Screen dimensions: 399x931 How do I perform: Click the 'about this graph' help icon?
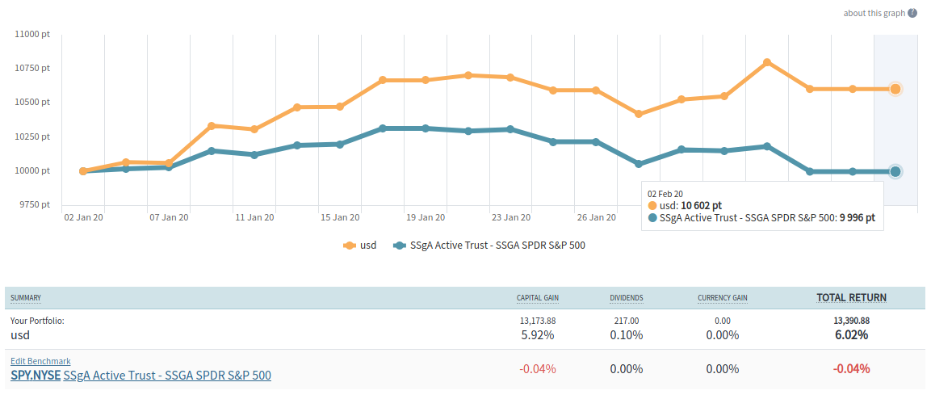click(x=912, y=13)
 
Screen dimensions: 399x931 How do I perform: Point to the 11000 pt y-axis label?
click(x=33, y=34)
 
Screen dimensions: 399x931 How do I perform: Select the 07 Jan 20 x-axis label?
click(x=170, y=217)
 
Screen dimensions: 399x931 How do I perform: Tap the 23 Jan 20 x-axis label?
click(x=512, y=217)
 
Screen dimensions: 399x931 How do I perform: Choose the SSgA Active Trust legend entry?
click(x=489, y=246)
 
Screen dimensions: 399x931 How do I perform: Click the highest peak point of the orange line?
click(x=767, y=62)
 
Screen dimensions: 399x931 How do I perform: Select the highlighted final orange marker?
click(x=895, y=89)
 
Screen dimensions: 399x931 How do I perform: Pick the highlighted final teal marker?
click(x=895, y=171)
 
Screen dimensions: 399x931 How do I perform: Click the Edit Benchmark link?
click(x=40, y=361)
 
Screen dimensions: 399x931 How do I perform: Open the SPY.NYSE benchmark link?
click(x=36, y=376)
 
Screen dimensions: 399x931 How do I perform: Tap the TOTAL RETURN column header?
click(x=851, y=298)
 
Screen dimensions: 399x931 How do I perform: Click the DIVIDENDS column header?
click(x=627, y=299)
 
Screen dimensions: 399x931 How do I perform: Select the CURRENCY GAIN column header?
click(x=723, y=299)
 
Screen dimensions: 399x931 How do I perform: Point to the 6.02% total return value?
click(x=851, y=335)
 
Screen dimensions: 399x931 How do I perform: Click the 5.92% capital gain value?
click(x=537, y=335)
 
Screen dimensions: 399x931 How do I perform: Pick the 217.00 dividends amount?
click(x=627, y=321)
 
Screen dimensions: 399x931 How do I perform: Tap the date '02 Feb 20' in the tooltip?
click(x=665, y=193)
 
